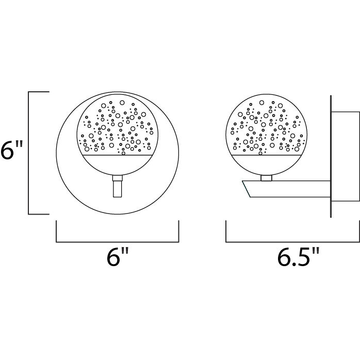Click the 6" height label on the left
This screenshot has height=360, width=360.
coord(11,152)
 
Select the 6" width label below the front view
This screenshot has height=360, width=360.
coord(117,256)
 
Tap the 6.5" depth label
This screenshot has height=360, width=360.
coord(298,256)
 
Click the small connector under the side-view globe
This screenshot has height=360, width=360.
coord(266,178)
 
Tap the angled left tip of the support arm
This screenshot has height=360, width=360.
coord(246,185)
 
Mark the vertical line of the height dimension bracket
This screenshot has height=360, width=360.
coord(28,152)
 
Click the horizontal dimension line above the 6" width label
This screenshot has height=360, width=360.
coord(117,241)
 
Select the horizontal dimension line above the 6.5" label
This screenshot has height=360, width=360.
coord(292,241)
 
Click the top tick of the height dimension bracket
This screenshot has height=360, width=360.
coord(39,92)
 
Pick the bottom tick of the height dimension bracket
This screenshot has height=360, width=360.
coord(39,214)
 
